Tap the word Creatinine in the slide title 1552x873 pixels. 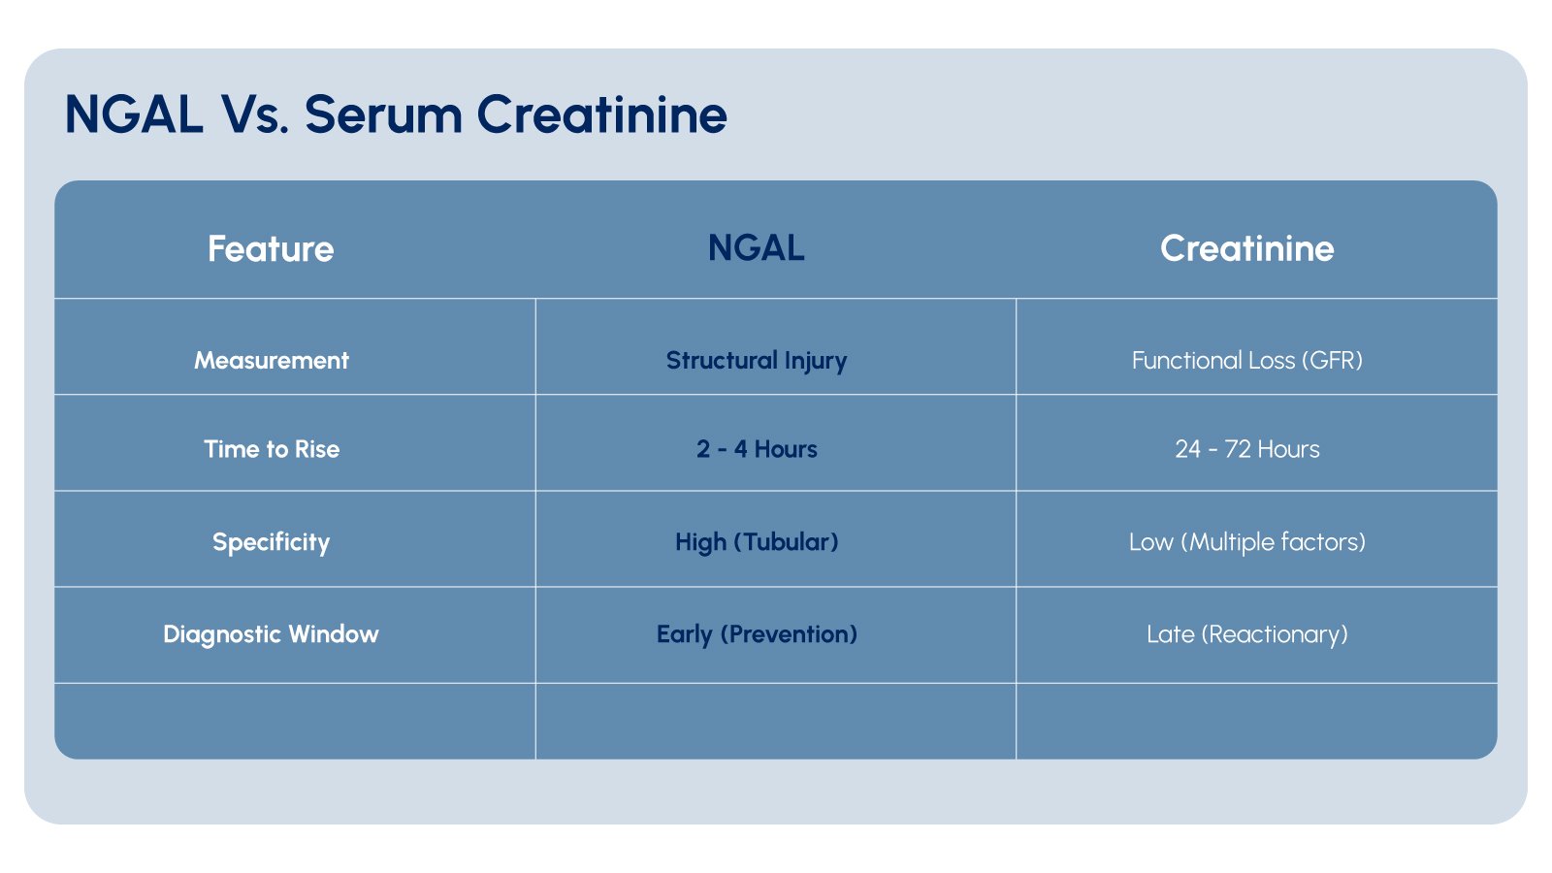(601, 114)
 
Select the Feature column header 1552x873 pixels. (271, 249)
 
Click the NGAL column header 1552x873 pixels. (757, 248)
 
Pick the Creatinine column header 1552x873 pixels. (1246, 248)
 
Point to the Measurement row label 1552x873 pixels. (271, 361)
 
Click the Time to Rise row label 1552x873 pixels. (271, 449)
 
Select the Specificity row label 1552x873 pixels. (271, 542)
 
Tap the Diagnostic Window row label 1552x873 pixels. (271, 634)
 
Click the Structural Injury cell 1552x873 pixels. (757, 361)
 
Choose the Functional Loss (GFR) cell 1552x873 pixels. (1246, 361)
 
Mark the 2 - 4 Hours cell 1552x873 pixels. (757, 449)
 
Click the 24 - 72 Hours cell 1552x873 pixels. (1246, 449)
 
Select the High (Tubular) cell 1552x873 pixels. (757, 542)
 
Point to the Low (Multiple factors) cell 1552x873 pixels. (1246, 542)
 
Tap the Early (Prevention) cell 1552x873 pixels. (757, 634)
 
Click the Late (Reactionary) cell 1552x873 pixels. (1246, 634)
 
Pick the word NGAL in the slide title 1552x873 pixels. (134, 114)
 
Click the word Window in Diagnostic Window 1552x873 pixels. (334, 634)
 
